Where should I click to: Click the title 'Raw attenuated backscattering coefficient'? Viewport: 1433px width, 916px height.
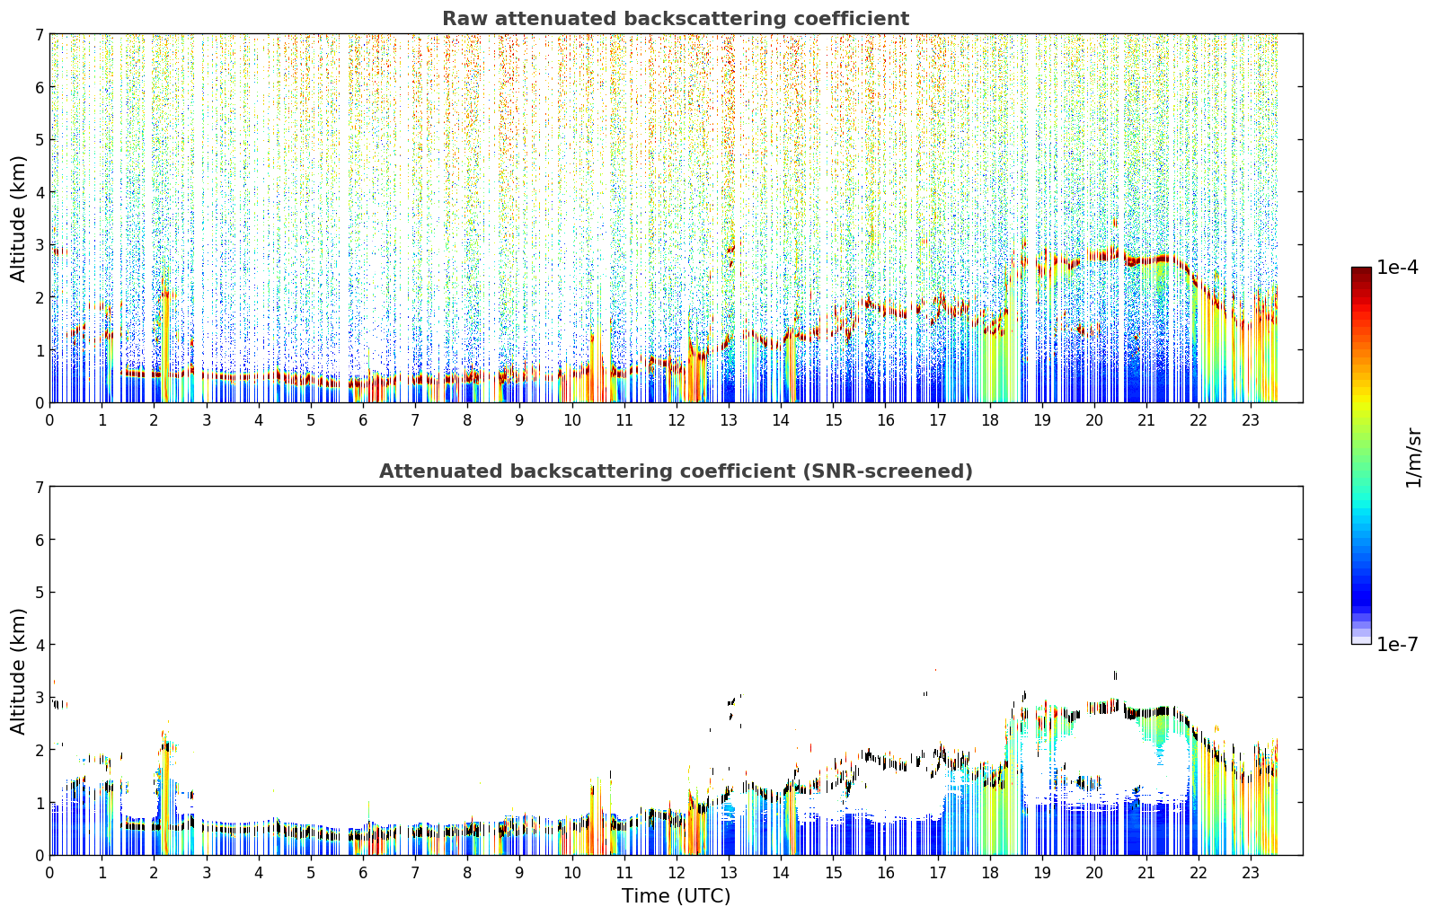pos(676,19)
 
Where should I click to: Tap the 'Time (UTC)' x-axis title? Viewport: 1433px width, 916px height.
pos(676,896)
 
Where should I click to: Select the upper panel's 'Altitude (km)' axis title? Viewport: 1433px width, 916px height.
pos(18,219)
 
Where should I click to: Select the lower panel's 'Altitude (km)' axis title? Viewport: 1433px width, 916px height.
pos(18,672)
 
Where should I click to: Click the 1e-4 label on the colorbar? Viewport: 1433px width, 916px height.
pos(1397,268)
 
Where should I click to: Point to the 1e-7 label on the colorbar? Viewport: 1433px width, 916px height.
pos(1397,644)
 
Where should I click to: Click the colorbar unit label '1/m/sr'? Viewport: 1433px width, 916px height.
pos(1413,458)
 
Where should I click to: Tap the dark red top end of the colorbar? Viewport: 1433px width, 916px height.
pos(1361,269)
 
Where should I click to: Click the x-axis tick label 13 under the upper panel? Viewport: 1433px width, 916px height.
pos(729,420)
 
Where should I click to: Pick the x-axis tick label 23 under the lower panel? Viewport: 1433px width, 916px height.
pos(1251,873)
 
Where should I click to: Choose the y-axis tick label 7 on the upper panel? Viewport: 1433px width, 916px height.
pos(39,34)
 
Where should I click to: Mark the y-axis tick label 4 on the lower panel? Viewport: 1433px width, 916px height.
pos(39,645)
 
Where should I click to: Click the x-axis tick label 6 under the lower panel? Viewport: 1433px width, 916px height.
pos(363,873)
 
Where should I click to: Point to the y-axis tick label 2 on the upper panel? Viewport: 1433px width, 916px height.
pos(39,297)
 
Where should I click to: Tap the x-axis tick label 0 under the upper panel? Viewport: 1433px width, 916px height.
pos(50,420)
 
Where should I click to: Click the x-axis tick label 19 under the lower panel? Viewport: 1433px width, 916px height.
pos(1042,873)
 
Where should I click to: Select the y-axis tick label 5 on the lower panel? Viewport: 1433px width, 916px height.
pos(39,593)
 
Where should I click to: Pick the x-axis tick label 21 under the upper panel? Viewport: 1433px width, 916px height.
pos(1146,420)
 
